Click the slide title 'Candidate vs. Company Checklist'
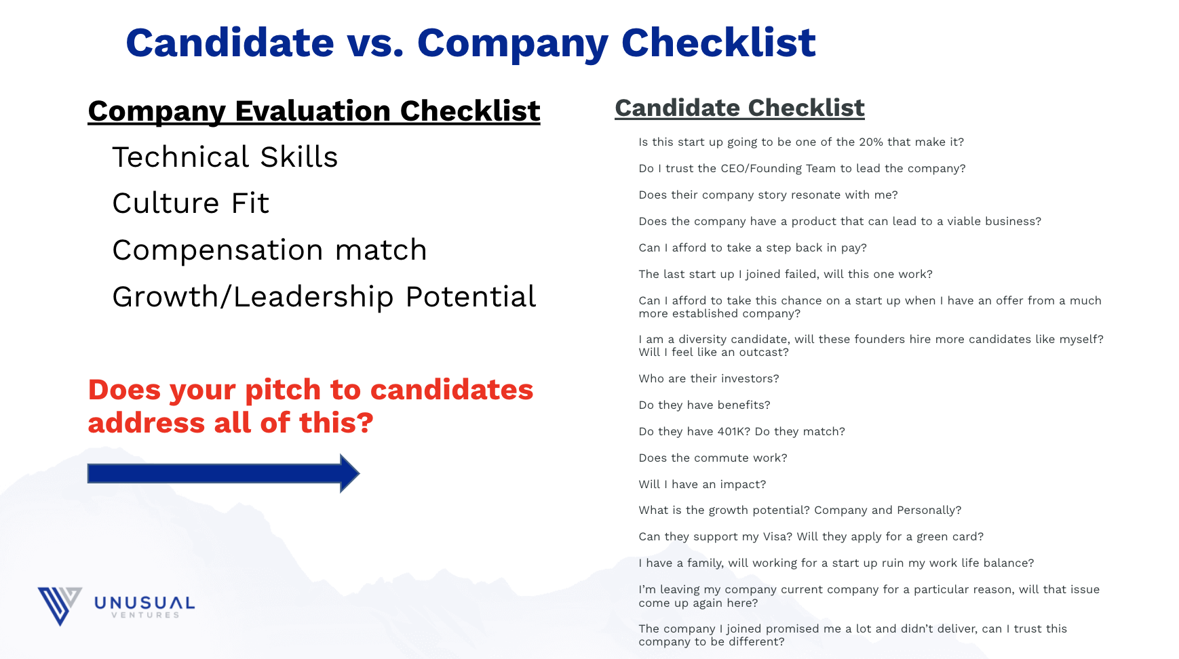(x=471, y=43)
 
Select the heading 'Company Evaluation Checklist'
(x=314, y=111)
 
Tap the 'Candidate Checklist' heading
(x=739, y=108)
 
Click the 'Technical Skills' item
(x=225, y=157)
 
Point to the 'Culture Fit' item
(x=191, y=203)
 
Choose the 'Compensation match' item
(x=269, y=250)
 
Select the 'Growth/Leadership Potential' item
(x=324, y=297)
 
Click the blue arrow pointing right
(x=224, y=473)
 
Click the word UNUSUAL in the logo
(x=144, y=603)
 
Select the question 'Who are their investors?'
(x=709, y=378)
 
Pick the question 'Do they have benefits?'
(x=704, y=405)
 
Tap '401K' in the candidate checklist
(x=733, y=431)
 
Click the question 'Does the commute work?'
(x=713, y=458)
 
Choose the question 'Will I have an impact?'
(x=702, y=484)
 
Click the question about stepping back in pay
(x=752, y=247)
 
